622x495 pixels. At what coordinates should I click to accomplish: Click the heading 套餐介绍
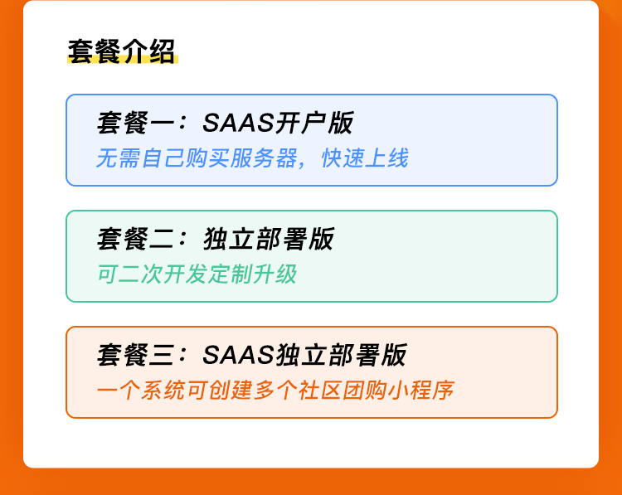(121, 51)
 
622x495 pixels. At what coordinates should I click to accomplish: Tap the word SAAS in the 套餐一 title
(238, 123)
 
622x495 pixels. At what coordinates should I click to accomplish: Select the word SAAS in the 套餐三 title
(238, 355)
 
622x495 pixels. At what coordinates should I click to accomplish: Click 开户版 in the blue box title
(314, 123)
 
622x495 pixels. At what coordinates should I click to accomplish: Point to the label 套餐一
(136, 123)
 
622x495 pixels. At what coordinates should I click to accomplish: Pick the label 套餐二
(136, 239)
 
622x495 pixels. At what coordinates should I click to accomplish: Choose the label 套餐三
(136, 355)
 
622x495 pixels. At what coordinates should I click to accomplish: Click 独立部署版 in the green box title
(269, 239)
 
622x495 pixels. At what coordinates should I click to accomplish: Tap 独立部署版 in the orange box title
(341, 355)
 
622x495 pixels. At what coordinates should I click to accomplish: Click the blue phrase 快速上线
(365, 158)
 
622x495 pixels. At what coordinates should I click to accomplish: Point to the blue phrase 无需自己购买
(163, 158)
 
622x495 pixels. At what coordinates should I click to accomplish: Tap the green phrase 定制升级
(252, 274)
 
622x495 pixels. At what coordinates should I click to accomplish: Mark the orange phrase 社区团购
(343, 391)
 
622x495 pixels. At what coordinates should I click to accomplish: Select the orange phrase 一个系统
(141, 391)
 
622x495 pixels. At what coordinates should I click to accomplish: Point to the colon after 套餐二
(182, 239)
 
